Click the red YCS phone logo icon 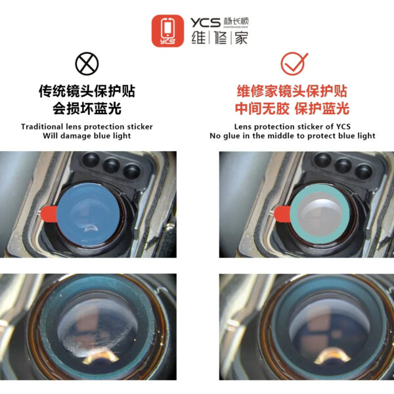click(167, 31)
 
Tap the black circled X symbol click(87, 64)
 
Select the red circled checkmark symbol click(294, 64)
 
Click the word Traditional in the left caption click(42, 127)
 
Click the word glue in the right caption click(231, 136)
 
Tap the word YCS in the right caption click(343, 126)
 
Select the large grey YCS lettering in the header click(206, 22)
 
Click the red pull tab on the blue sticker click(49, 214)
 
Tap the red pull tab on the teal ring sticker click(282, 214)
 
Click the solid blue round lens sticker click(88, 214)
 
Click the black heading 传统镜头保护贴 click(87, 91)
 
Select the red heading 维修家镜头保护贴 click(292, 91)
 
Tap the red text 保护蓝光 click(322, 108)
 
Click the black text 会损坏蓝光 click(87, 108)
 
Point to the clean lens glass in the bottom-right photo click(330, 329)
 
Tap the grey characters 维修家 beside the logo click(219, 38)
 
